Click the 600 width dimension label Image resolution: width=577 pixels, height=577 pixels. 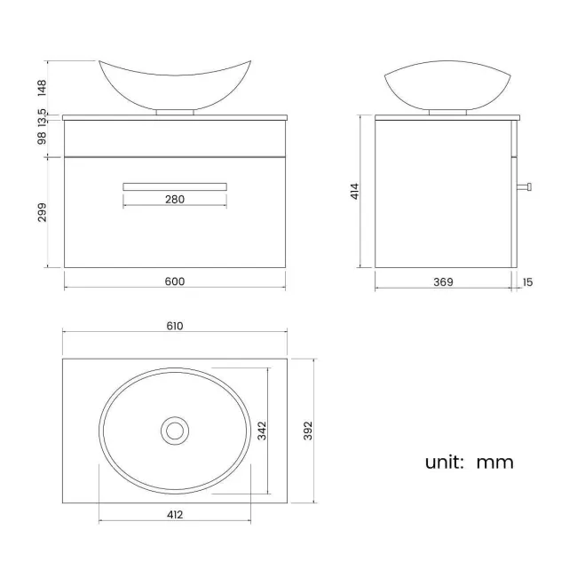(174, 281)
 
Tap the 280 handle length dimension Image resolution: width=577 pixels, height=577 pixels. (174, 199)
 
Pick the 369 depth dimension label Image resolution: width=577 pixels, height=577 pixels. (443, 282)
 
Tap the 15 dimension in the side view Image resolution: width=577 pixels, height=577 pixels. (528, 282)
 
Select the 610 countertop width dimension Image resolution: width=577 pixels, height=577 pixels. (174, 326)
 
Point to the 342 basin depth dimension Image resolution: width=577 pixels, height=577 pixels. (262, 431)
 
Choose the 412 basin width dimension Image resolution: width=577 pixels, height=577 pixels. (174, 515)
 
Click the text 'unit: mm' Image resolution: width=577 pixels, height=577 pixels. (469, 462)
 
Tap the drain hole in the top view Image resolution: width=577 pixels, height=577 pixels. (175, 431)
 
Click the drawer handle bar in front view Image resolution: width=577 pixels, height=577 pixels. (174, 186)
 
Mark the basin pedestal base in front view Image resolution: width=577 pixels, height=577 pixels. (175, 113)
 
